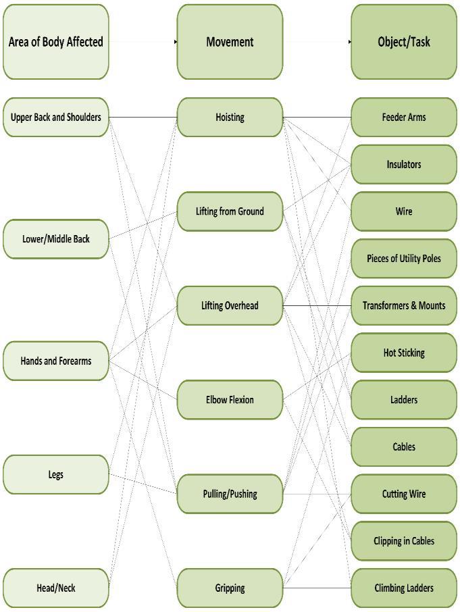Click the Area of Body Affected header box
(55, 42)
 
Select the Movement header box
(230, 42)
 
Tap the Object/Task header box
(404, 42)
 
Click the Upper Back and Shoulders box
(55, 118)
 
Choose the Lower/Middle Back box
(55, 239)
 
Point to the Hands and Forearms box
(55, 361)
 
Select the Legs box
(55, 474)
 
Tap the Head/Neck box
(55, 588)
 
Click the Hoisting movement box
(230, 118)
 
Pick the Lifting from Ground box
(230, 211)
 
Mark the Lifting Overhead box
(230, 305)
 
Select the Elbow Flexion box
(230, 400)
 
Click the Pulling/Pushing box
(230, 494)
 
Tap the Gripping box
(230, 588)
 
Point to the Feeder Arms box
(404, 118)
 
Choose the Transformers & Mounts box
(404, 305)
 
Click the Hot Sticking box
(404, 353)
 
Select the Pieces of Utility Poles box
(404, 259)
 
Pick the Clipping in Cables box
(404, 541)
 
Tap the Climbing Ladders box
(404, 588)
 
